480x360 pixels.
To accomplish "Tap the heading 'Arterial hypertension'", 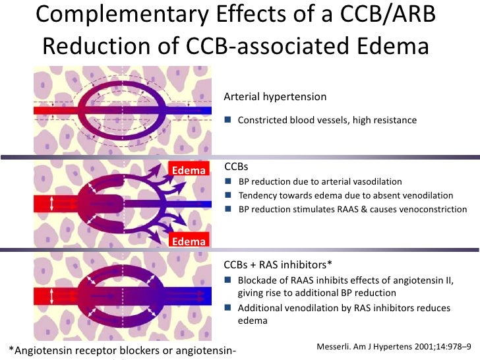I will click(x=275, y=97).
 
